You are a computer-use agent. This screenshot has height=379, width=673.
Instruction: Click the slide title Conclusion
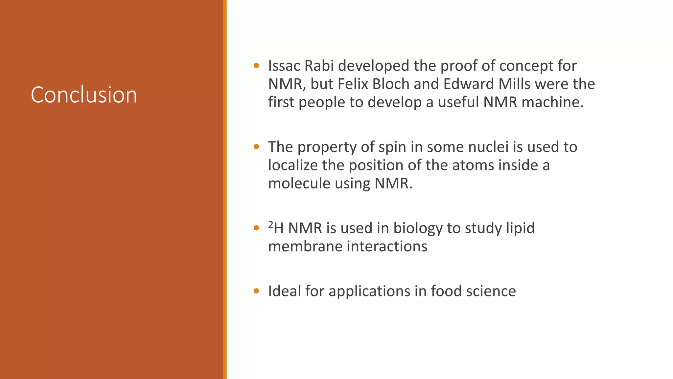[x=84, y=95]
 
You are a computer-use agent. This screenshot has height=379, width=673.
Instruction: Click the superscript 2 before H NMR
[x=271, y=224]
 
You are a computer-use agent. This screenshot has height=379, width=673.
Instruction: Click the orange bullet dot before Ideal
[x=256, y=291]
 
